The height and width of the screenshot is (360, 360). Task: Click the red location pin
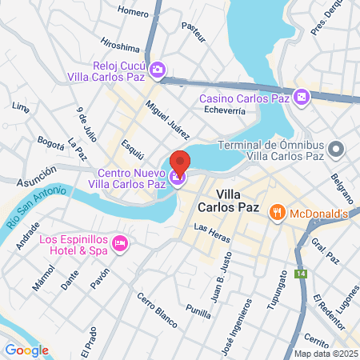click(180, 162)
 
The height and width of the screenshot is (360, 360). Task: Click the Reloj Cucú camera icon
click(158, 70)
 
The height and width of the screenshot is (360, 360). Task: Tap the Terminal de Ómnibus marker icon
click(338, 149)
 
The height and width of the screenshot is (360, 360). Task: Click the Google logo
click(26, 349)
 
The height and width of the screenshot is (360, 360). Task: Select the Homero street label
click(133, 11)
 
